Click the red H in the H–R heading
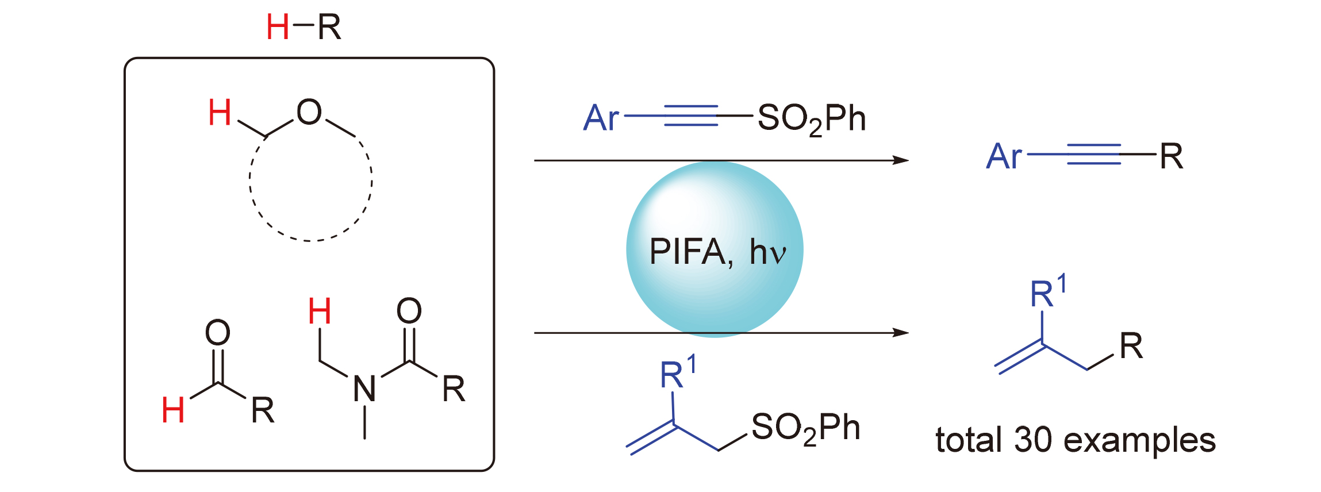pos(278,27)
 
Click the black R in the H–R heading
pos(329,27)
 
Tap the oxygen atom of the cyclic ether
pos(309,112)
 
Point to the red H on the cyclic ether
pos(220,112)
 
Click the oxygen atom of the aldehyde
pos(218,332)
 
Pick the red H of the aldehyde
pos(173,410)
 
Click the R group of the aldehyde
pos(263,410)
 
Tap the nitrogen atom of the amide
pos(364,389)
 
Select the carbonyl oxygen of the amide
pos(409,311)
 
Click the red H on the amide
pos(320,312)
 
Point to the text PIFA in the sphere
pos(688,252)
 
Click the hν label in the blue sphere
pos(767,252)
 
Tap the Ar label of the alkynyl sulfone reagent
pos(601,118)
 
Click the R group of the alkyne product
pos(1172,156)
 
